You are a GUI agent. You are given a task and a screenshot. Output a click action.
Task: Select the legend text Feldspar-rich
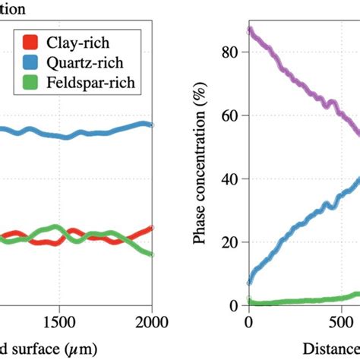pyautogui.click(x=87, y=84)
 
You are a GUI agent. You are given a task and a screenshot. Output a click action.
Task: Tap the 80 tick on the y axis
pyautogui.click(x=232, y=52)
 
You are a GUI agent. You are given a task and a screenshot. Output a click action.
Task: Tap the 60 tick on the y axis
pyautogui.click(x=232, y=115)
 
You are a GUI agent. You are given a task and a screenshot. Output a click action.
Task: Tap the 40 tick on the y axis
pyautogui.click(x=232, y=179)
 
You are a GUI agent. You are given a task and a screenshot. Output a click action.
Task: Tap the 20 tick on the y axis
pyautogui.click(x=232, y=242)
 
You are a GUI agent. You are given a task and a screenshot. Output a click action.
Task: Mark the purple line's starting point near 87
pyautogui.click(x=249, y=30)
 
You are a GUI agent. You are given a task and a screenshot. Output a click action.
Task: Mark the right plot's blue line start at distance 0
pyautogui.click(x=249, y=282)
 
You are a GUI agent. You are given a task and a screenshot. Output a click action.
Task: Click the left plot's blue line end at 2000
pyautogui.click(x=151, y=125)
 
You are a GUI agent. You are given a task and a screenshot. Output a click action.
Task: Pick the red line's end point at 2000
pyautogui.click(x=151, y=227)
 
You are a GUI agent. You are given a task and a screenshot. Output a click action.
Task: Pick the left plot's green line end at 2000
pyautogui.click(x=151, y=254)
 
